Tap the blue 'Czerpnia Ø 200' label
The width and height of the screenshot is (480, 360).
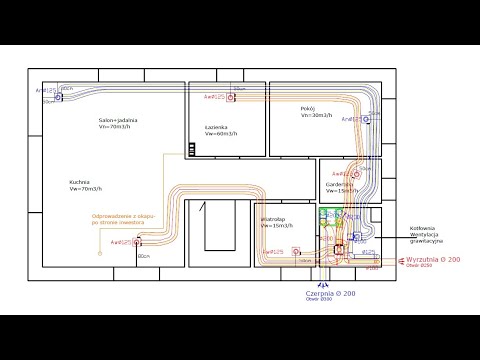[x=331, y=294]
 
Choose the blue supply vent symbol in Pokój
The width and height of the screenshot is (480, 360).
[x=367, y=119]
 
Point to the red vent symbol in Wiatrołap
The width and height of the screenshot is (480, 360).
[x=295, y=252]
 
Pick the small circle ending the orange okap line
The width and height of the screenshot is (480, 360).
[x=100, y=252]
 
